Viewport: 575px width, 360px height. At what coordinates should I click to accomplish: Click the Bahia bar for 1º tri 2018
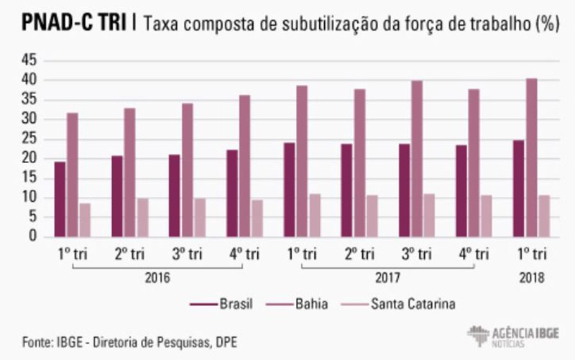(531, 157)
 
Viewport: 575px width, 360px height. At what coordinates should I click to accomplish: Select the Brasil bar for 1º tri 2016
(60, 199)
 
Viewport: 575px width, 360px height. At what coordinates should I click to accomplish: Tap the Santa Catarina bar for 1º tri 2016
(86, 220)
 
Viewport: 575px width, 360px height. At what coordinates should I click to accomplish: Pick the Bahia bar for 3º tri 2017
(417, 159)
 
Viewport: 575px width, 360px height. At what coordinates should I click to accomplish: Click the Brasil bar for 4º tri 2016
(232, 193)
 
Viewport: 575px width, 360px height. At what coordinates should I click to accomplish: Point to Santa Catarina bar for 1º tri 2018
(544, 216)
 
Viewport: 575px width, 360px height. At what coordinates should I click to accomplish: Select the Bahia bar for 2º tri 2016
(129, 172)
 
